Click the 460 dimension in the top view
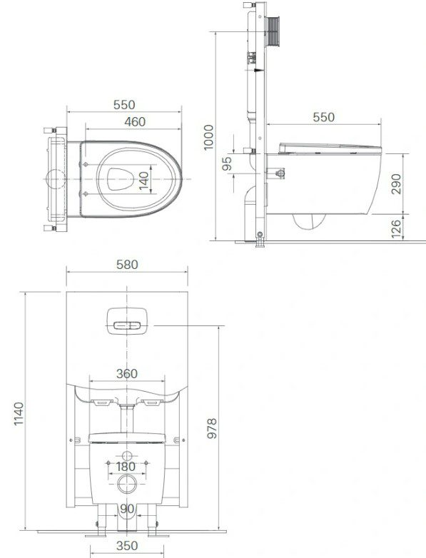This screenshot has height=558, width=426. pyautogui.click(x=134, y=122)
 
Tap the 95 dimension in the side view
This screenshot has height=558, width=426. pyautogui.click(x=227, y=163)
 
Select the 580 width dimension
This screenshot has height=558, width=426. pyautogui.click(x=126, y=265)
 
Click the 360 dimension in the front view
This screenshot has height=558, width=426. pyautogui.click(x=126, y=374)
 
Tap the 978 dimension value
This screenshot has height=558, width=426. pyautogui.click(x=212, y=428)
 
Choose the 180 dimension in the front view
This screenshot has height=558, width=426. pyautogui.click(x=126, y=467)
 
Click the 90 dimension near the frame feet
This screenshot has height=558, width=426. pyautogui.click(x=126, y=508)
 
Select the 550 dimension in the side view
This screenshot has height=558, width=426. pyautogui.click(x=323, y=116)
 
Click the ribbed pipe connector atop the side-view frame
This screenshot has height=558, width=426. pyautogui.click(x=271, y=33)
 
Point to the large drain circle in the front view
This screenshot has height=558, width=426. pyautogui.click(x=126, y=484)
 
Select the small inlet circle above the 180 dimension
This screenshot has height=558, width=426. pyautogui.click(x=126, y=455)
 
